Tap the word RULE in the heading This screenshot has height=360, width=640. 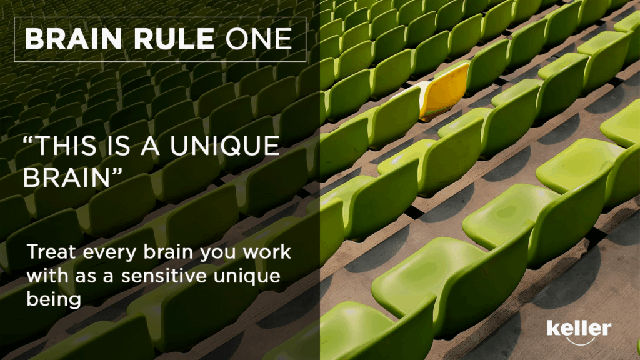174,39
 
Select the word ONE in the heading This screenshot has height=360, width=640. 259,39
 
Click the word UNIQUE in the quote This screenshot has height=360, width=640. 224,146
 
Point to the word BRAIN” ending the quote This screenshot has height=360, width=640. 72,177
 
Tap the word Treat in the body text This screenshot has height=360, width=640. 51,252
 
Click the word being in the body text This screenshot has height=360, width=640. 54,301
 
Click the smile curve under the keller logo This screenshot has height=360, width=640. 579,341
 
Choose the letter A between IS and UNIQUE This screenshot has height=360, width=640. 150,146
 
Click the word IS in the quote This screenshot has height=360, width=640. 118,146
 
